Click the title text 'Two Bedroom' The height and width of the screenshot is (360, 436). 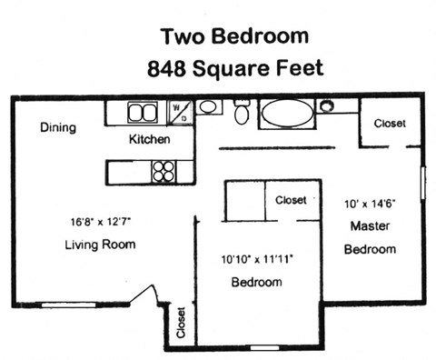pos(233,36)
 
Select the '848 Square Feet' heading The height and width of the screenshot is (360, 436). pos(233,68)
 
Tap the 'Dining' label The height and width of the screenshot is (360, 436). pos(57,128)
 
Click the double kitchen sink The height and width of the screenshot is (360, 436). pos(141,113)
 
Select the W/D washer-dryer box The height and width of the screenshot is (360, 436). pos(182,114)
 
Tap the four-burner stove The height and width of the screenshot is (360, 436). pos(163,170)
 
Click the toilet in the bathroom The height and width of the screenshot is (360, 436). pos(242,113)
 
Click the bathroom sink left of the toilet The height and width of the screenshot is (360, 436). pos(208,107)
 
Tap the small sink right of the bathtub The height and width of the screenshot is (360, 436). pos(326,106)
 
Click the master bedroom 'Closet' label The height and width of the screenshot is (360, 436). pos(390,124)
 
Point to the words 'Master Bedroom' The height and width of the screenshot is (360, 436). pos(372,237)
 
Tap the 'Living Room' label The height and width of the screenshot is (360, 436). pos(100,245)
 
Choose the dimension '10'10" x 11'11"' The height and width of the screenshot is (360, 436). pos(256,258)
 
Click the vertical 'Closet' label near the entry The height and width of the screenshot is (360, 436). pos(181,322)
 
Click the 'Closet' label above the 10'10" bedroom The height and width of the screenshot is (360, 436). pos(291,200)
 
